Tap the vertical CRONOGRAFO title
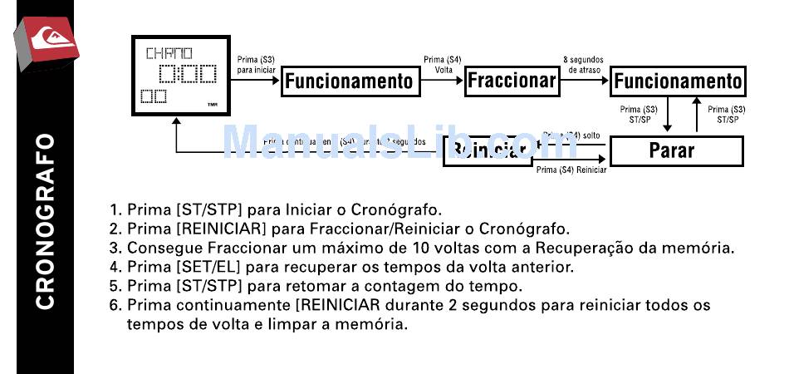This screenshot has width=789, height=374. (45, 220)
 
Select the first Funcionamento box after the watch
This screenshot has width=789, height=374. (348, 81)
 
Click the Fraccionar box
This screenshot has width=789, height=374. (511, 81)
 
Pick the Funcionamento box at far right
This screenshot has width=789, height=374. (677, 81)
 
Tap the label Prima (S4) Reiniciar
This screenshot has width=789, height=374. (571, 170)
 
